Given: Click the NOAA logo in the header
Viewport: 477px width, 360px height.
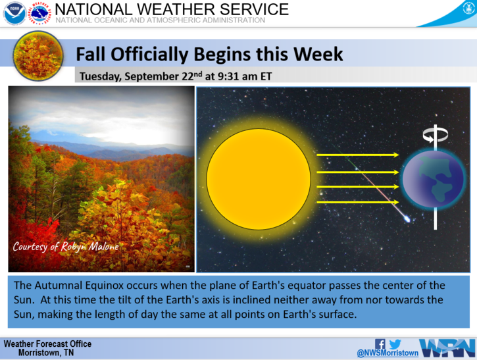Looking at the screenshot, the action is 14,13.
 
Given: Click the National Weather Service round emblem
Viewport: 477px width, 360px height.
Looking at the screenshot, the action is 40,13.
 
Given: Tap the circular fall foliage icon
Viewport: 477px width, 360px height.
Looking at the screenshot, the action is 38,56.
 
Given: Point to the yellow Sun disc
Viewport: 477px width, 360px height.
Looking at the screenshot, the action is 259,179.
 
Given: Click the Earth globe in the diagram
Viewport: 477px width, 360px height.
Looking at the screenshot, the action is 434,179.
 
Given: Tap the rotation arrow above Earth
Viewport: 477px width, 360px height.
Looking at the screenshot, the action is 435,135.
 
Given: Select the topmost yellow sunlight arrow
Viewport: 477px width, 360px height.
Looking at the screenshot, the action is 358,155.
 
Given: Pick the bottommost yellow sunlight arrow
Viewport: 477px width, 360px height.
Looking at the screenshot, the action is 358,202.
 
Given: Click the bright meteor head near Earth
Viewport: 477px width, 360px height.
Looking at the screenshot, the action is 407,219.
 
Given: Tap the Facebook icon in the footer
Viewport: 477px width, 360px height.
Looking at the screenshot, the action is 380,344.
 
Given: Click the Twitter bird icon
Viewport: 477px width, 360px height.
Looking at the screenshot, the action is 395,344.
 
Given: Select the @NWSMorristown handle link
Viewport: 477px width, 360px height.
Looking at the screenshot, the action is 388,353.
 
